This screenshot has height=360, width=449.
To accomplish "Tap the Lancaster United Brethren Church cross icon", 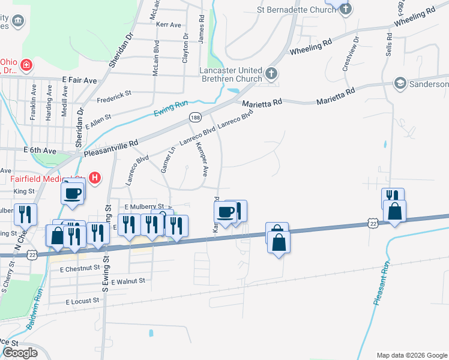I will click(271, 74).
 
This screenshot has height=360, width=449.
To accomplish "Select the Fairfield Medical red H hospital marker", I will click(94, 178).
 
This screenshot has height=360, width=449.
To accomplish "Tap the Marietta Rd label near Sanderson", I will click(335, 95).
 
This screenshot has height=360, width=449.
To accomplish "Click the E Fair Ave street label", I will click(79, 80).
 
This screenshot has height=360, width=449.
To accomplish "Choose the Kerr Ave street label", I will click(168, 25).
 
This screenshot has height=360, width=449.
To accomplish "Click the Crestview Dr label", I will click(351, 54).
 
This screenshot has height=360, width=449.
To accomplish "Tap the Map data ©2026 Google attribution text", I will click(411, 355).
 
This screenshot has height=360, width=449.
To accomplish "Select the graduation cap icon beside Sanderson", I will click(400, 83).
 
